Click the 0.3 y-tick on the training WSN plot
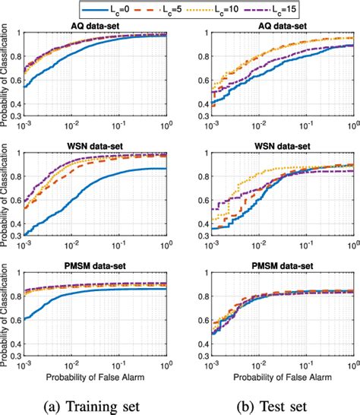pos(14,235)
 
